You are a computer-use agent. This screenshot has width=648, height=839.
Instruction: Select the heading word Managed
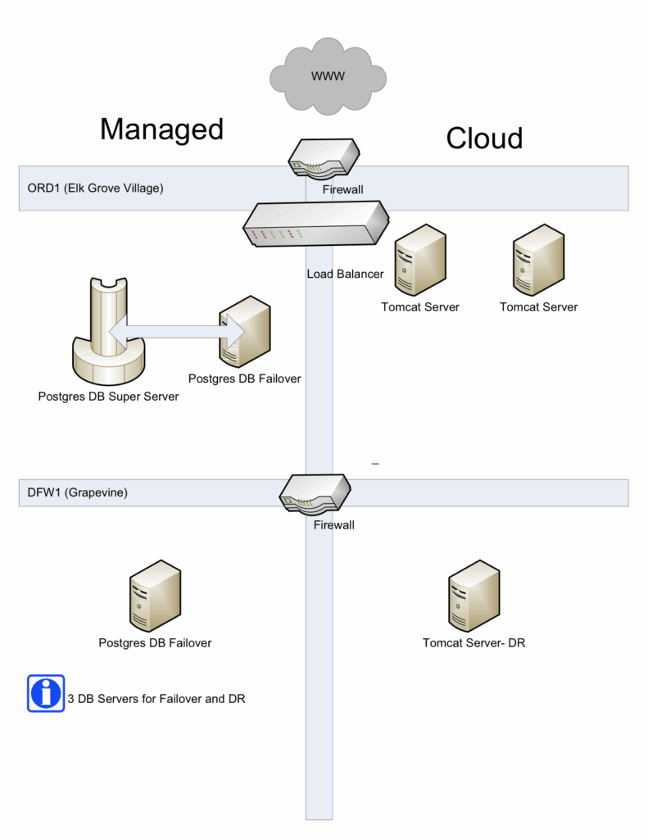[x=161, y=129]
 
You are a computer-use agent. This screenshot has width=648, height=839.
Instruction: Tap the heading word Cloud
[x=483, y=138]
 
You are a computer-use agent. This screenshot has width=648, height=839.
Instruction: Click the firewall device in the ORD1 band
[x=324, y=158]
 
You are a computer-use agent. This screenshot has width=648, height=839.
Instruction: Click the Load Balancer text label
[x=345, y=274]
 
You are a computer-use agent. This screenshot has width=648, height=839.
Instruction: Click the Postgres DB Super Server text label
[x=108, y=397]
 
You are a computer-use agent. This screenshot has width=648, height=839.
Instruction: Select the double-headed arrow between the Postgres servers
[x=176, y=330]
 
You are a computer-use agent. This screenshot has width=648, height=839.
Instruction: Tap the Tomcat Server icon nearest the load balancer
[x=420, y=261]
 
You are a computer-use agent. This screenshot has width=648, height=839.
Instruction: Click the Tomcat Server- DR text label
[x=474, y=643]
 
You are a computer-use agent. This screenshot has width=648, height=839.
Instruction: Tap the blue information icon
[x=46, y=694]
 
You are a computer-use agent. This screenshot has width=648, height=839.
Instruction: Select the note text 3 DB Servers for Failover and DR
[x=156, y=699]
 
